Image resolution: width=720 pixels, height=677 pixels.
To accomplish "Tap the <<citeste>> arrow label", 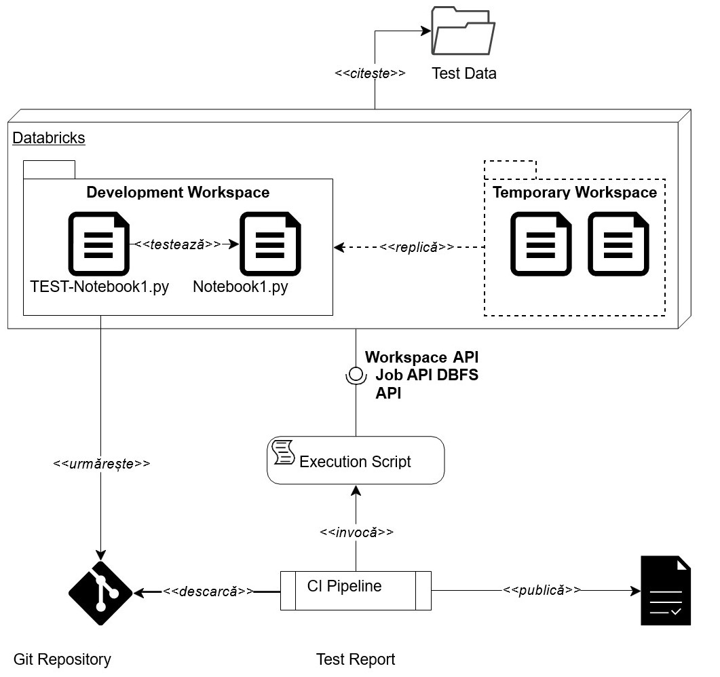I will [370, 73].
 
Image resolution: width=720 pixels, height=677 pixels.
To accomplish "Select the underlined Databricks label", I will [49, 138].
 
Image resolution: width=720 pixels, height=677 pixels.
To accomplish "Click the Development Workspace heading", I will [178, 192].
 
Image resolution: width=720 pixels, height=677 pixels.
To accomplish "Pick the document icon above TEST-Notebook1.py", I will [98, 244].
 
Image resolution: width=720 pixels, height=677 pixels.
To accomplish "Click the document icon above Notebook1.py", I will [270, 244].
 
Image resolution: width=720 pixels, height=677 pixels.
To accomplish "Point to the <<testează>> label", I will [178, 244].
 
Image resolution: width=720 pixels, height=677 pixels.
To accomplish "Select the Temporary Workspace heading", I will [575, 192].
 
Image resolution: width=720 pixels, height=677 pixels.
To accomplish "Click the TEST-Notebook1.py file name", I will [100, 287].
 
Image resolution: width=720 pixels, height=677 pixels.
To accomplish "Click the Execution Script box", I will [356, 461].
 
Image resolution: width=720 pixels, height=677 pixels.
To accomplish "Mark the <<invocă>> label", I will [356, 532].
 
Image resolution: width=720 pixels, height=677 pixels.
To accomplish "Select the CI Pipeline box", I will [356, 589].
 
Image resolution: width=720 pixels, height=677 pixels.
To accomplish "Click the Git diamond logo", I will [101, 593].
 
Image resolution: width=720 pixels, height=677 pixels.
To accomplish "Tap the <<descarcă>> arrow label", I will [208, 591].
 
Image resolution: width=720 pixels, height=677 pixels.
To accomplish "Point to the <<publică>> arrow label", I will [542, 590].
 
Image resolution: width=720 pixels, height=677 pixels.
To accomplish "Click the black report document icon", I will [666, 591].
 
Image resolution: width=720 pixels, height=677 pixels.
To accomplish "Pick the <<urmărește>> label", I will [102, 464].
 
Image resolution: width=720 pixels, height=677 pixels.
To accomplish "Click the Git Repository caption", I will [62, 659].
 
